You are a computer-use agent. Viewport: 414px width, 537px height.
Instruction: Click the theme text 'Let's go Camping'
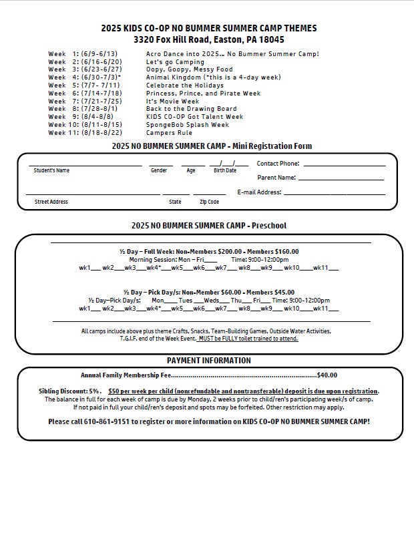(x=175, y=62)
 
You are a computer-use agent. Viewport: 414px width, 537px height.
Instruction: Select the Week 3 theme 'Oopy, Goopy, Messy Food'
(x=189, y=69)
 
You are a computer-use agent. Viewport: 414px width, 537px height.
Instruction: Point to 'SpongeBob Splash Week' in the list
(x=187, y=125)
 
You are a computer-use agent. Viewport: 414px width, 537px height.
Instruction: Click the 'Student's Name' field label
(x=51, y=171)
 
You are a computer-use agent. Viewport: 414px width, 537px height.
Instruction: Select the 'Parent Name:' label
(x=276, y=178)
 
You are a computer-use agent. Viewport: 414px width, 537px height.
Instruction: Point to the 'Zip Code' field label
(x=209, y=202)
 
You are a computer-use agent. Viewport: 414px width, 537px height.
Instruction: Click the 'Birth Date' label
(x=225, y=171)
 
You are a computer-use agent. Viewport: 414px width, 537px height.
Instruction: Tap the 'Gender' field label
(x=159, y=171)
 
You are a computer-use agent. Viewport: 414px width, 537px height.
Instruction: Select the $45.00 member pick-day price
(x=284, y=293)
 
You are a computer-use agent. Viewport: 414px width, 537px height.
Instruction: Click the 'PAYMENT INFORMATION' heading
(x=209, y=361)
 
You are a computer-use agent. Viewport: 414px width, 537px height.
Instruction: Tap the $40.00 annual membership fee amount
(x=327, y=375)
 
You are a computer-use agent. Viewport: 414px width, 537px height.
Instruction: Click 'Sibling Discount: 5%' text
(x=69, y=391)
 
